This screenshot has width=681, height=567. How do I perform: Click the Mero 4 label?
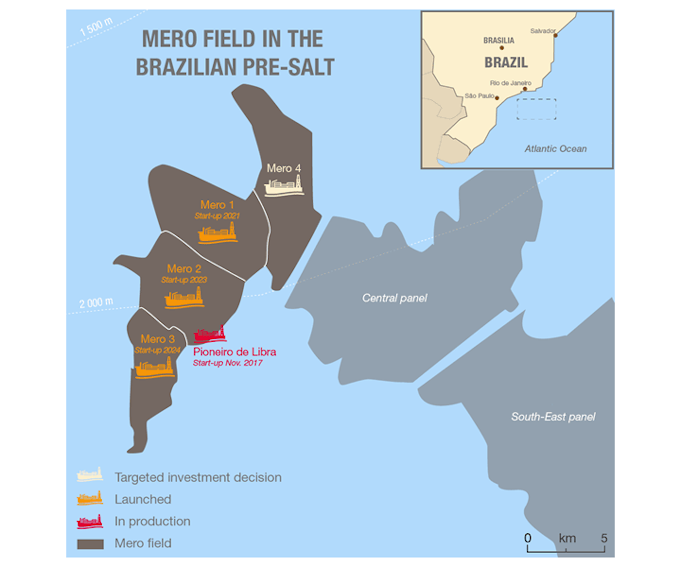[x=283, y=168]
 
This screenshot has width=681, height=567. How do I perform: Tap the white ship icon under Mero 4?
[x=284, y=185]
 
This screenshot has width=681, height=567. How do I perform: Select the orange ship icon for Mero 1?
[x=218, y=233]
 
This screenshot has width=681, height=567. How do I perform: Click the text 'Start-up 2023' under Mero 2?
[x=184, y=280]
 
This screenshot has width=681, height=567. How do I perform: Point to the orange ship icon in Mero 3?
[x=155, y=368]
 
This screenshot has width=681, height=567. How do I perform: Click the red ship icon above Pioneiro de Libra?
[x=210, y=335]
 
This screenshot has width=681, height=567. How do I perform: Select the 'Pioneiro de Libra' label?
[x=235, y=352]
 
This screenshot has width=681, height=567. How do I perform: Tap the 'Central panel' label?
[x=394, y=298]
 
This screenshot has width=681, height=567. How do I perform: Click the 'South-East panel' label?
[x=553, y=417]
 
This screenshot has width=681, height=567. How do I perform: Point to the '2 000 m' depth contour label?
[x=96, y=302]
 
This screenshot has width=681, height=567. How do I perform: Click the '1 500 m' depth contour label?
[x=96, y=26]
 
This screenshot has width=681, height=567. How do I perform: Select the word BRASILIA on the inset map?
[x=498, y=41]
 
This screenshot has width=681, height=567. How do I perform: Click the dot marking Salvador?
[x=556, y=35]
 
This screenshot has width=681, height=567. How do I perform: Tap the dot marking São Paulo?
[x=497, y=98]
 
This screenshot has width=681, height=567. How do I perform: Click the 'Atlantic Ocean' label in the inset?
[x=555, y=149]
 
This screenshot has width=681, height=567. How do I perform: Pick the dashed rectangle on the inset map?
[x=536, y=109]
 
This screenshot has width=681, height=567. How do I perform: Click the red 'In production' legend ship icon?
[x=90, y=521]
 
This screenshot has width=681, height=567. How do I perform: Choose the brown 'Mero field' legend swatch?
[x=90, y=544]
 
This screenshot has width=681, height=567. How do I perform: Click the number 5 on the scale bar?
[x=604, y=538]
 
